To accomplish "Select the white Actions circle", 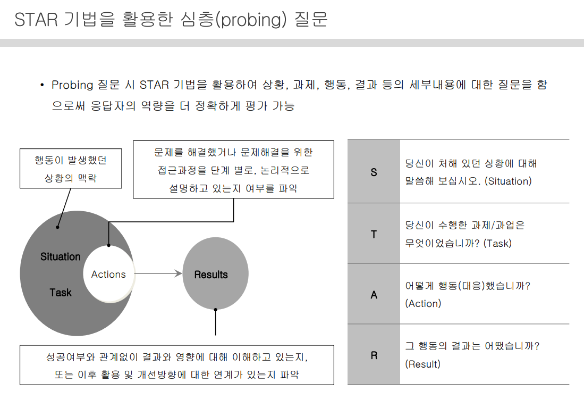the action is (x=108, y=274).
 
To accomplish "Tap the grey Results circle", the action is (x=215, y=274).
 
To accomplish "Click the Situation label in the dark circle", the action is (x=61, y=256).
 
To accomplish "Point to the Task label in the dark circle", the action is (x=61, y=292).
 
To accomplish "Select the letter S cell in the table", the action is (x=374, y=172).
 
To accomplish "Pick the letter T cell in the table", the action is (x=374, y=234).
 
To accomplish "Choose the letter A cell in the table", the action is (x=374, y=294).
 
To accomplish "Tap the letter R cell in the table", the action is (x=374, y=355).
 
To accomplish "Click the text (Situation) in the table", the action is (x=508, y=181).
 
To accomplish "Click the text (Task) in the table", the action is (x=497, y=243).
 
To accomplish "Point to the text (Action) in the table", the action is (x=423, y=303).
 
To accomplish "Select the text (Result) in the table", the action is (x=422, y=364).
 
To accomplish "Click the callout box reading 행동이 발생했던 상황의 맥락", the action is (x=71, y=169).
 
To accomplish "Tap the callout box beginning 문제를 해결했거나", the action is (x=233, y=170).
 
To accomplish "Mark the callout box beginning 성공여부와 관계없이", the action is (x=177, y=365).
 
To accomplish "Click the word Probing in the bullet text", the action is (x=72, y=85).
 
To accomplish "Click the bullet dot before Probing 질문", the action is (x=41, y=85).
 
